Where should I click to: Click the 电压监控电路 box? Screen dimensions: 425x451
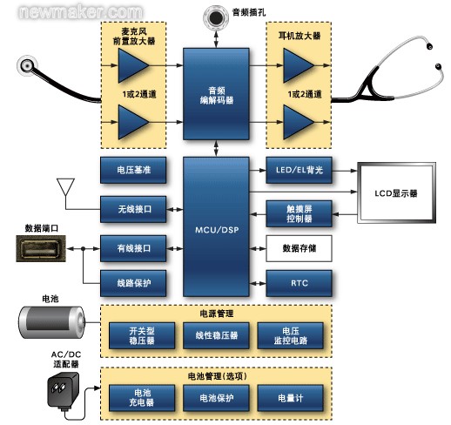coord(291,335)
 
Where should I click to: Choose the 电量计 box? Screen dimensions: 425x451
coord(291,398)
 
